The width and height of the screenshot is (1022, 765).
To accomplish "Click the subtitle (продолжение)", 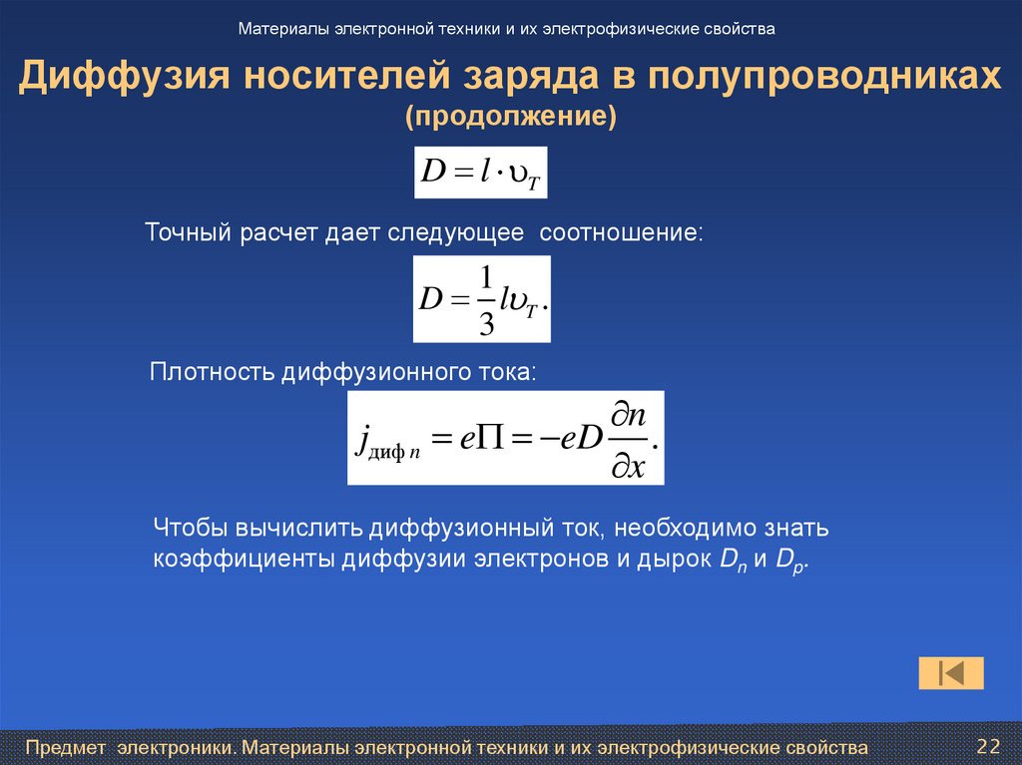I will coord(511,118).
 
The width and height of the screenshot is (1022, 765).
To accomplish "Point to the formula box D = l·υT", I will coord(481,172).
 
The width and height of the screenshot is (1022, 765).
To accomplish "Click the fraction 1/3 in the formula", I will coord(486,298).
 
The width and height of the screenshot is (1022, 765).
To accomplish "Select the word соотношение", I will coord(621,233).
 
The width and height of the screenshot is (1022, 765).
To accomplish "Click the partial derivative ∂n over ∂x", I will coord(626,440).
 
